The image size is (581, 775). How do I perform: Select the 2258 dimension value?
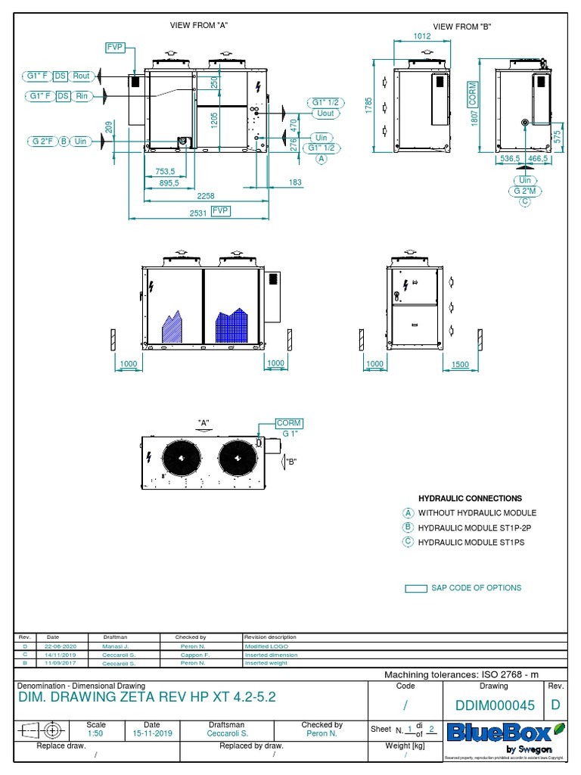pyautogui.click(x=195, y=196)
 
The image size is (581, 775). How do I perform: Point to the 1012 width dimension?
pyautogui.click(x=422, y=36)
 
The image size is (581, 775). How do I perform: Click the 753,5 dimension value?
pyautogui.click(x=166, y=171)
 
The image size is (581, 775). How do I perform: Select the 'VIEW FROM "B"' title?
pyautogui.click(x=463, y=26)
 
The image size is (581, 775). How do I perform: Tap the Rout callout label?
pyautogui.click(x=81, y=76)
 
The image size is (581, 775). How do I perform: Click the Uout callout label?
pyautogui.click(x=325, y=113)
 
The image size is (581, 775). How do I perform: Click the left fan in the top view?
pyautogui.click(x=181, y=457)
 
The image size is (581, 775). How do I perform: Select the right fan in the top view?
pyautogui.click(x=236, y=457)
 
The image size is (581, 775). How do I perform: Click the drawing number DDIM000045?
pyautogui.click(x=495, y=705)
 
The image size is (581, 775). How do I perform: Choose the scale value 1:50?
pyautogui.click(x=96, y=733)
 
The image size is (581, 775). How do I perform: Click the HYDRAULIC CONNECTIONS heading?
pyautogui.click(x=470, y=499)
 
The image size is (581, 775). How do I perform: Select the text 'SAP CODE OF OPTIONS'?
pyautogui.click(x=476, y=587)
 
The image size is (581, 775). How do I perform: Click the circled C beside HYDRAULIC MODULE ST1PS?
pyautogui.click(x=409, y=541)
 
